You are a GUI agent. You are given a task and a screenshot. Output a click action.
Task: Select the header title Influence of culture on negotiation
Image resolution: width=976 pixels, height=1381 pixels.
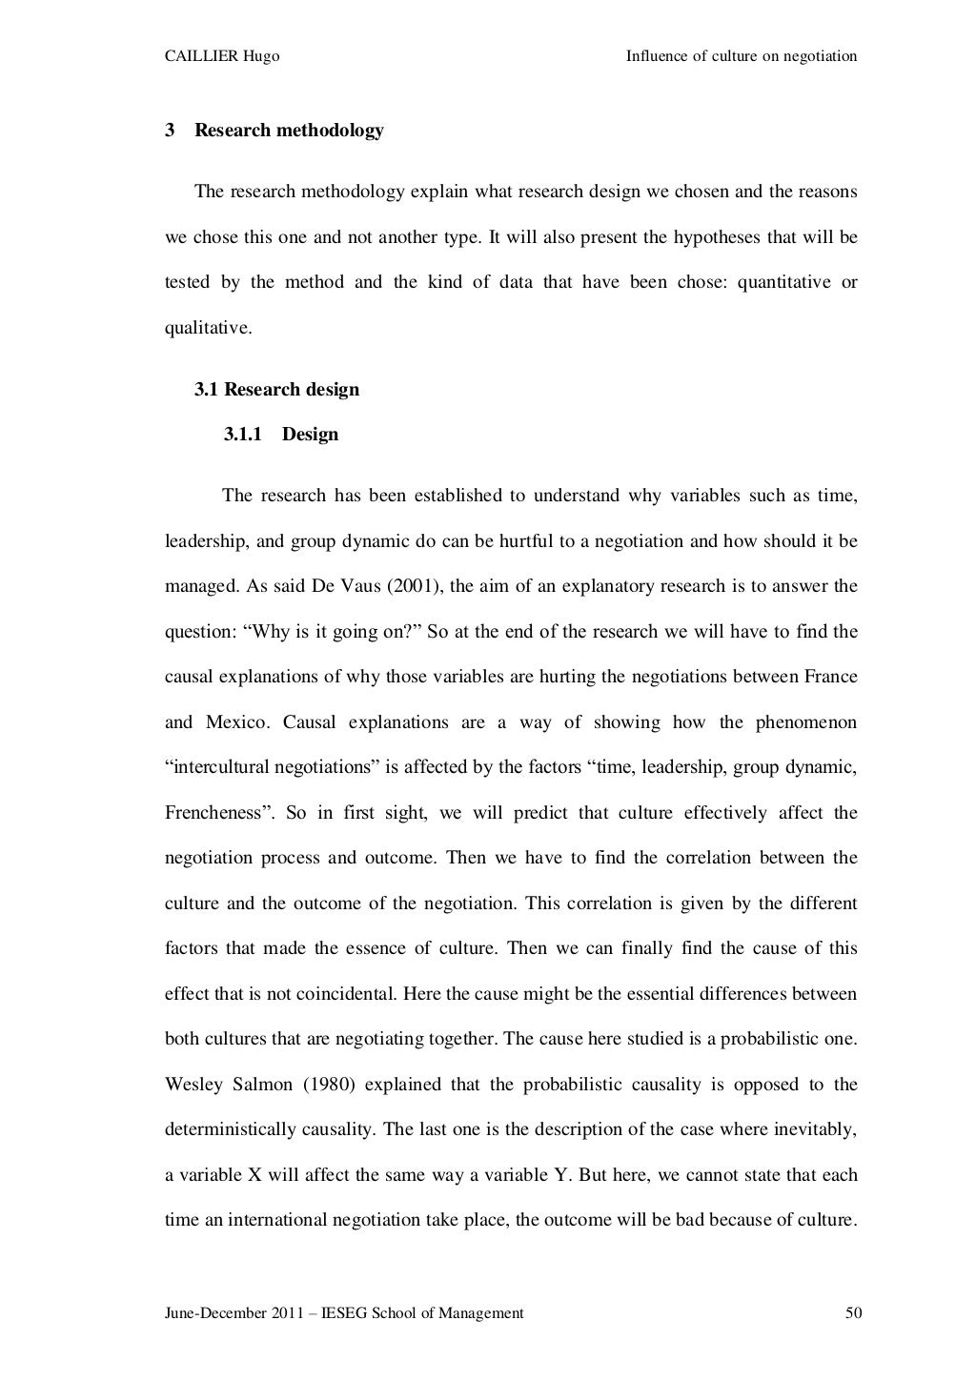[x=741, y=56]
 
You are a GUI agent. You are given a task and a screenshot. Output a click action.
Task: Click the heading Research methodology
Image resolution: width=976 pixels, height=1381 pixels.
[x=289, y=131]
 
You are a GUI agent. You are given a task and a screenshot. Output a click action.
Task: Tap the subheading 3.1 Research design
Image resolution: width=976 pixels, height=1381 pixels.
[x=276, y=390]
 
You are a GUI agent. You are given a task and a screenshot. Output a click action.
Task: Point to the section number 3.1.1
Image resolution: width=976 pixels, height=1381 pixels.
[x=243, y=435]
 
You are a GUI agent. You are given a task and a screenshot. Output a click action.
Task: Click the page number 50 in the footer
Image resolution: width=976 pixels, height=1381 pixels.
[x=853, y=1313]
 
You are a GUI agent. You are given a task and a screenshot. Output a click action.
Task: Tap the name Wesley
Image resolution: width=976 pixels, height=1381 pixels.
[x=193, y=1085]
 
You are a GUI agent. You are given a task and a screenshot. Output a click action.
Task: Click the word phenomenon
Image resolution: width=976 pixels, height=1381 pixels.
[x=806, y=721]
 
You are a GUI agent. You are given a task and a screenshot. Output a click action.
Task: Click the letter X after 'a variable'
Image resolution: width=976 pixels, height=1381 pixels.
[x=255, y=1175]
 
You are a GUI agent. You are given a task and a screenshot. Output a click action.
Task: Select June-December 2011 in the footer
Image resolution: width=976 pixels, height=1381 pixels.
[x=228, y=1313]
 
